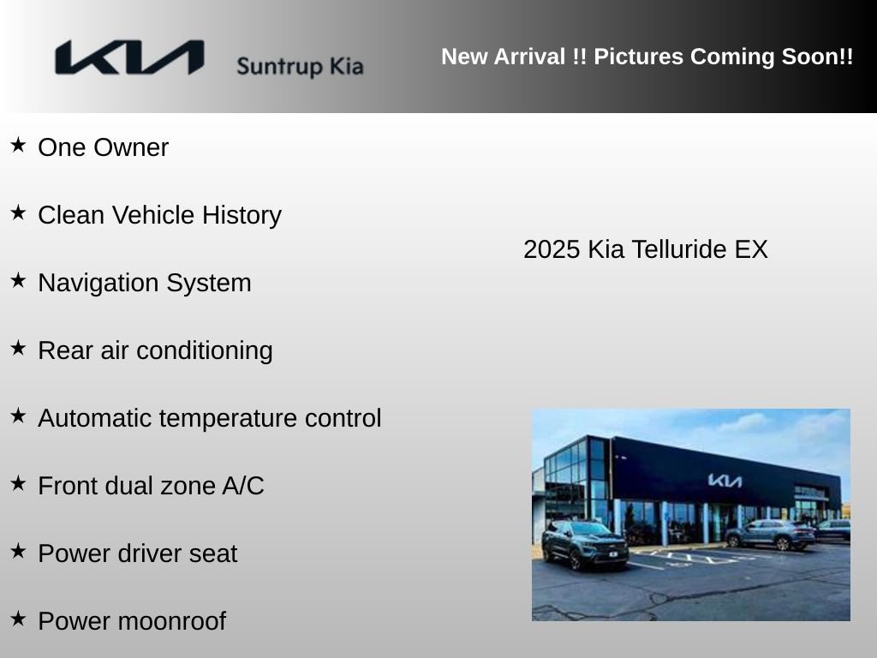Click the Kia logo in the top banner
(x=129, y=58)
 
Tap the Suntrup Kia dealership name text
(x=300, y=67)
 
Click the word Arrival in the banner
(x=527, y=57)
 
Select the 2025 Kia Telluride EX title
(x=645, y=249)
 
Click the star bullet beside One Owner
(x=18, y=146)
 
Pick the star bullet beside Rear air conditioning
(x=18, y=349)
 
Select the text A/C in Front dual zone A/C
(x=243, y=486)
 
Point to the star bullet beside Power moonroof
(x=18, y=619)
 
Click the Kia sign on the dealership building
(x=725, y=481)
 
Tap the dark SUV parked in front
(x=585, y=546)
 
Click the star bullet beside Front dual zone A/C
(x=18, y=484)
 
